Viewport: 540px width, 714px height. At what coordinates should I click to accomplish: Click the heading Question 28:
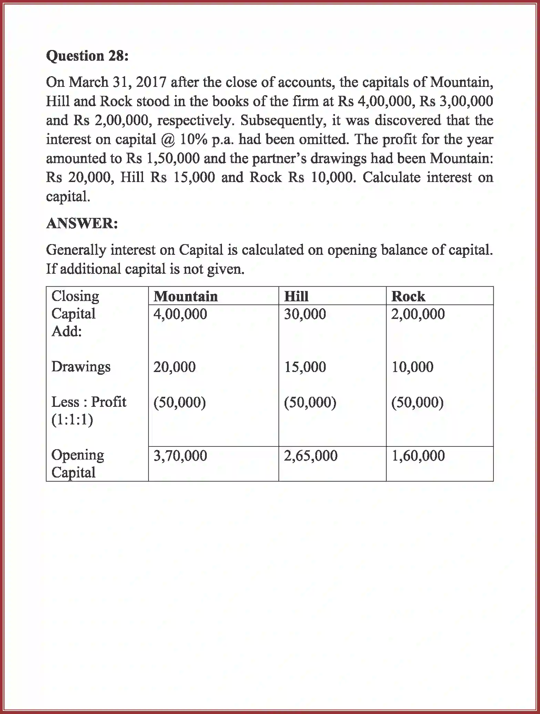(x=87, y=56)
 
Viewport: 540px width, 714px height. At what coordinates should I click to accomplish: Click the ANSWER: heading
(x=82, y=223)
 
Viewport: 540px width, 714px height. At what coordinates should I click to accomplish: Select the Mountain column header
(x=185, y=296)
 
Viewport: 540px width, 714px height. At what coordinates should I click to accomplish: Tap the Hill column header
(x=296, y=296)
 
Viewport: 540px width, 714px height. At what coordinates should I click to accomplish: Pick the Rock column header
(x=408, y=296)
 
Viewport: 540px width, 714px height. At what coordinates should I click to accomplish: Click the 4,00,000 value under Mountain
(x=180, y=314)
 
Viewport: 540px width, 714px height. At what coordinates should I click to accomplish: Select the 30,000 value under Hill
(x=305, y=314)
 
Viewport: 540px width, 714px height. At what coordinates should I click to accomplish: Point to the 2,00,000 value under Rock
(x=418, y=314)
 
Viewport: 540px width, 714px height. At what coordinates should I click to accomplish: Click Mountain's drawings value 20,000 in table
(x=174, y=367)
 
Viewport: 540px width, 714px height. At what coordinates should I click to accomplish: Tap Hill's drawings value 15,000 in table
(x=305, y=367)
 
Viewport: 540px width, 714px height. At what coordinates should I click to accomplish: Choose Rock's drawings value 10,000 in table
(x=412, y=367)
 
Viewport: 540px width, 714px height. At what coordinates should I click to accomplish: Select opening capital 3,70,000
(x=180, y=456)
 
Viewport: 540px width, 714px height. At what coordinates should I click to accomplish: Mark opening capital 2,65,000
(x=311, y=456)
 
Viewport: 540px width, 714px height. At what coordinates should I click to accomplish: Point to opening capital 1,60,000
(x=418, y=456)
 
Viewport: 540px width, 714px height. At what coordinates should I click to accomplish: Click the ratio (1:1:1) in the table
(x=72, y=420)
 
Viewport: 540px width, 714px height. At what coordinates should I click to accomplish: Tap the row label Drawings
(x=81, y=366)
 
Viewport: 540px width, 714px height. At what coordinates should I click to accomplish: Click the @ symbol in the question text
(x=169, y=140)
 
